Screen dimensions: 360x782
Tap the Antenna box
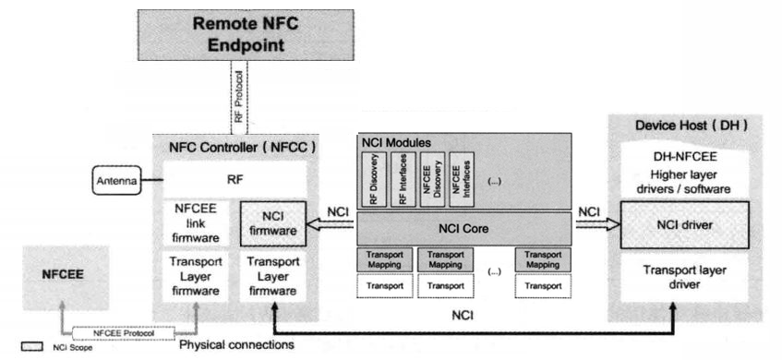(114, 182)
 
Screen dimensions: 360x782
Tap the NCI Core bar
(463, 228)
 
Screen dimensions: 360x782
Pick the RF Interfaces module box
(403, 180)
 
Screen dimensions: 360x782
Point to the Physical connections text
(236, 345)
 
